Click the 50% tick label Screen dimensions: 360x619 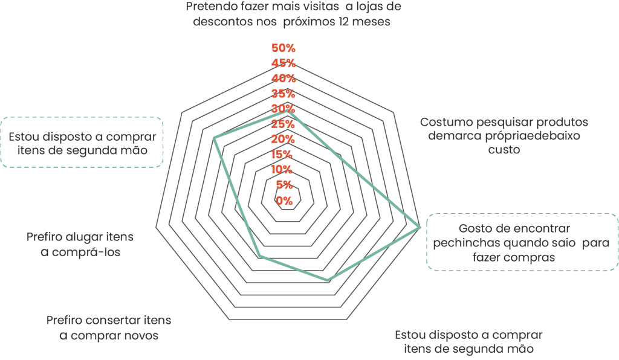[x=284, y=48]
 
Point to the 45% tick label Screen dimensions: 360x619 [x=284, y=63]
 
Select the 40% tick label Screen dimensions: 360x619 [x=284, y=79]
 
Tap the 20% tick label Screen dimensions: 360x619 [x=284, y=139]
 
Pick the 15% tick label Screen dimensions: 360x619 [x=284, y=154]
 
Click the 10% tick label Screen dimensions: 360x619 [x=284, y=169]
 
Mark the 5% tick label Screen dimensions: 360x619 [x=285, y=185]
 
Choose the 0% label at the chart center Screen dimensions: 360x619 [x=284, y=201]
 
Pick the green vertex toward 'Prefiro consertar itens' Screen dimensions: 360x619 [x=259, y=256]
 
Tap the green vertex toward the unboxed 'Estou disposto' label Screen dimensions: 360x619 [x=328, y=281]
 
